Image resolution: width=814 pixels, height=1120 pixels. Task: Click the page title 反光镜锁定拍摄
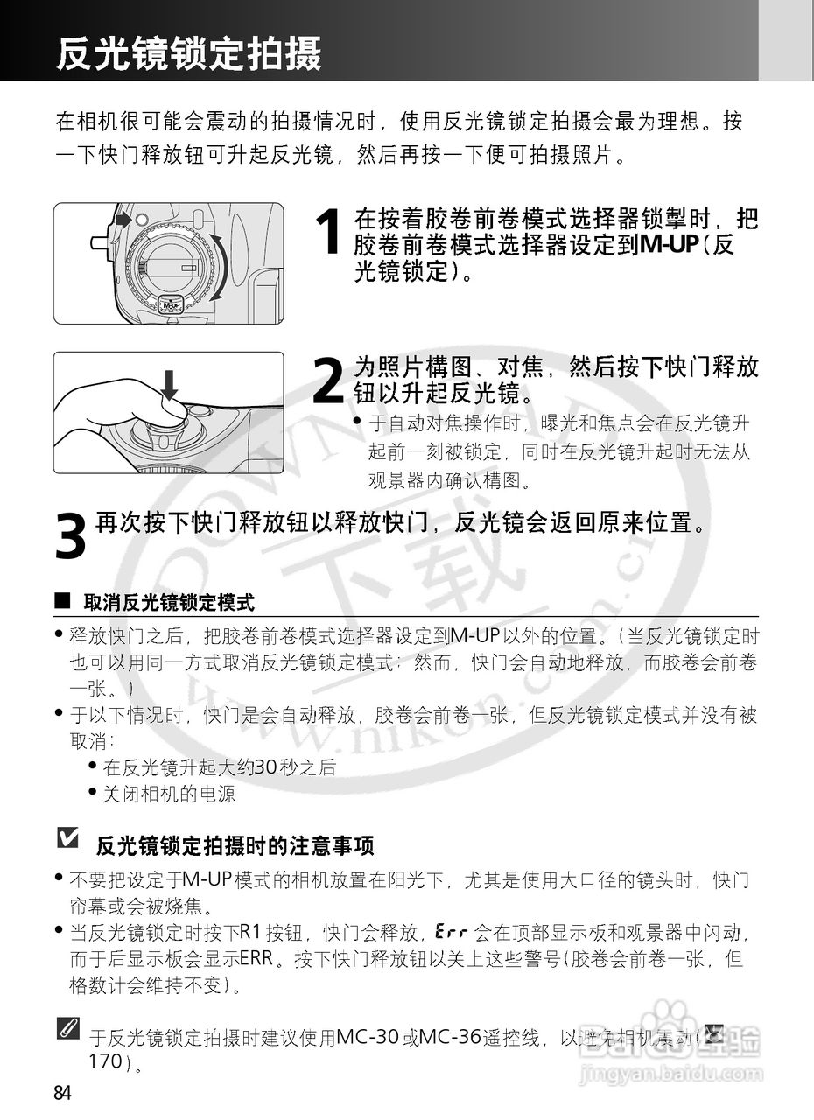point(189,53)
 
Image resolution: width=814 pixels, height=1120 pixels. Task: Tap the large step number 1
point(327,233)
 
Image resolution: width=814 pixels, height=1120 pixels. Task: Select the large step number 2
point(327,382)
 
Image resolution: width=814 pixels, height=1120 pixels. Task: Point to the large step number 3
point(70,535)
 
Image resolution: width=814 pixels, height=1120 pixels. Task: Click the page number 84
point(63,1093)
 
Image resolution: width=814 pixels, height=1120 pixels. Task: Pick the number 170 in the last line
point(107,1062)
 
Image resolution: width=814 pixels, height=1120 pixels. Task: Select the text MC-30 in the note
point(367,1039)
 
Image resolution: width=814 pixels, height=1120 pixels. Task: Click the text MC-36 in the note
point(453,1039)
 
